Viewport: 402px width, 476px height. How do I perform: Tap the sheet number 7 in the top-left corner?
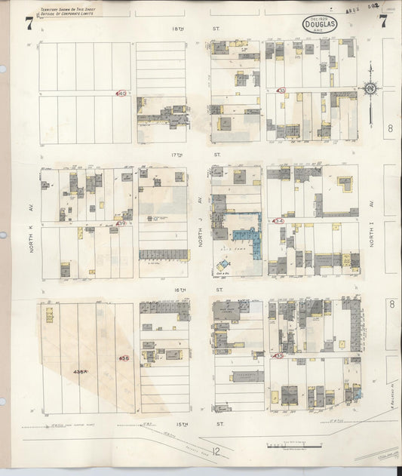(29, 23)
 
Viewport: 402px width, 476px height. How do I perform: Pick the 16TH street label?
(198, 289)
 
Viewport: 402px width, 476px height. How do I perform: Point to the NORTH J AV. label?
(199, 211)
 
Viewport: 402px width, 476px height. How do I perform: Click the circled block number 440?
(121, 94)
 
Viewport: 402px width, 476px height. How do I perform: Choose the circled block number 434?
(279, 221)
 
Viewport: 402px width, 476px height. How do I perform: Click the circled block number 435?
(279, 355)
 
